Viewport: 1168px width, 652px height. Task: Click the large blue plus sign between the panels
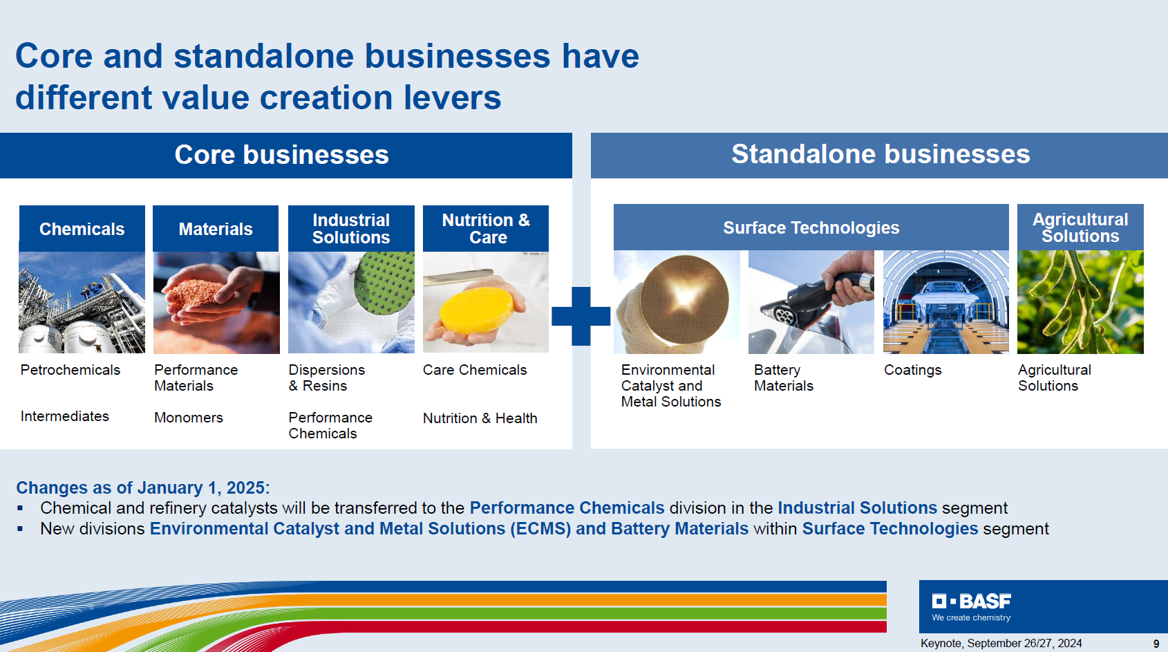[x=581, y=316]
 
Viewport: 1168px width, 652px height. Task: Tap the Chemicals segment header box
[x=82, y=228]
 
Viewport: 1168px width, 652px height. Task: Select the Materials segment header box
[x=216, y=228]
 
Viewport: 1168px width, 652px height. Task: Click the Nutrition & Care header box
[x=485, y=228]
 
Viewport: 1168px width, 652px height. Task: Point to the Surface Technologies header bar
[x=811, y=227]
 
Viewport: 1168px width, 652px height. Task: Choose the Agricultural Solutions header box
[x=1080, y=227]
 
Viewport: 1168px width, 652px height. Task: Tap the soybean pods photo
[x=1080, y=302]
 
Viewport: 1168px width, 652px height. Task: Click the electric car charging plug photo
[x=811, y=302]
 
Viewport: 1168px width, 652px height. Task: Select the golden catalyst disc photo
[x=677, y=302]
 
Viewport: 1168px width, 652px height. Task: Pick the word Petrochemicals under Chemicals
[x=70, y=370]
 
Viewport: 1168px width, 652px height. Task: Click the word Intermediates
[x=65, y=416]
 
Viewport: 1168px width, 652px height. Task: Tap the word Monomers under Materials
[x=188, y=418]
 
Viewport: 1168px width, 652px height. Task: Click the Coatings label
[x=912, y=371]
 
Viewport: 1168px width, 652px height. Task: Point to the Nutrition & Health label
[x=480, y=418]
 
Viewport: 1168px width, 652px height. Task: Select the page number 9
[x=1156, y=644]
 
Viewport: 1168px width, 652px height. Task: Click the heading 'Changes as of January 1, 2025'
[x=143, y=487]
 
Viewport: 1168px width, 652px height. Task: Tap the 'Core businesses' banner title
[x=281, y=154]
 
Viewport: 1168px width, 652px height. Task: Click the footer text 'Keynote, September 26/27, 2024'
[x=1001, y=643]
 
